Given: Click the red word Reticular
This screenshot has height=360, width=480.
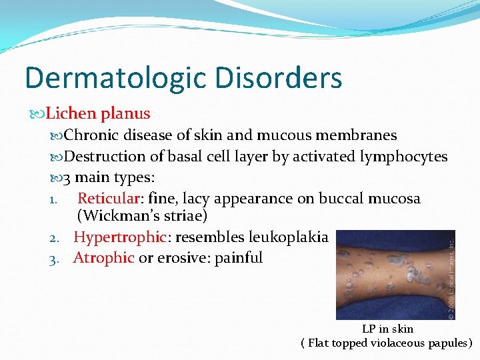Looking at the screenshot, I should pos(109,199).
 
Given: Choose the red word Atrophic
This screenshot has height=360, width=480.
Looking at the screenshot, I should pos(103,257).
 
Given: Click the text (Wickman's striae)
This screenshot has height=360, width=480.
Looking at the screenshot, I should pos(143,217).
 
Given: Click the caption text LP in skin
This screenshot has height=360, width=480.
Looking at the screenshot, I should pos(387,329).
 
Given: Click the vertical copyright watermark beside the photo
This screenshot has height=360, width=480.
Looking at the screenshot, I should pos(451,273).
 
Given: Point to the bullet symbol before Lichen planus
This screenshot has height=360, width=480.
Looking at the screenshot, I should pos(36,114).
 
